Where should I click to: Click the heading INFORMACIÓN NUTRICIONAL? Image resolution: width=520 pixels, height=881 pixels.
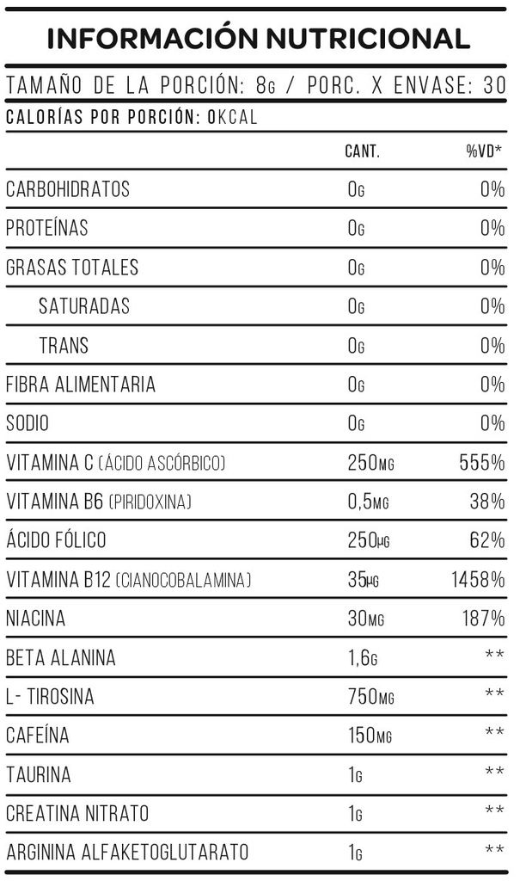(259, 39)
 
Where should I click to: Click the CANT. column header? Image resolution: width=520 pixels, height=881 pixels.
(362, 152)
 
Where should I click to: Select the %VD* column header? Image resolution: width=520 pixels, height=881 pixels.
(485, 152)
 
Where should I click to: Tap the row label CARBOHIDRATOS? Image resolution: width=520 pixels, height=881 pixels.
(68, 189)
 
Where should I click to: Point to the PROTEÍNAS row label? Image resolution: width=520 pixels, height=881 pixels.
(47, 229)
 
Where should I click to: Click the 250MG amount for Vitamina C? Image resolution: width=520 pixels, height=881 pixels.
(370, 464)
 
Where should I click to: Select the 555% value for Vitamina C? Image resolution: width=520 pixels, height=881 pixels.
(482, 464)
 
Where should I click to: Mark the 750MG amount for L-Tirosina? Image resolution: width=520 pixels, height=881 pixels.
(370, 698)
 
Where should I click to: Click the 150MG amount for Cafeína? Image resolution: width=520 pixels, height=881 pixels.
(370, 736)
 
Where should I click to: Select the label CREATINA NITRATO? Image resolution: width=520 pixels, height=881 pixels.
(77, 814)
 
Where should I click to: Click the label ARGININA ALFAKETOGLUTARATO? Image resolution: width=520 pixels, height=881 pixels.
(127, 853)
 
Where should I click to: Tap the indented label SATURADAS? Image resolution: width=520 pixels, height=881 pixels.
(84, 306)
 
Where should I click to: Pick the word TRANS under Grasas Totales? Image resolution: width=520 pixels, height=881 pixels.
(64, 346)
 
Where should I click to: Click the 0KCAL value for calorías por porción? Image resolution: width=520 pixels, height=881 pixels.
(233, 118)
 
